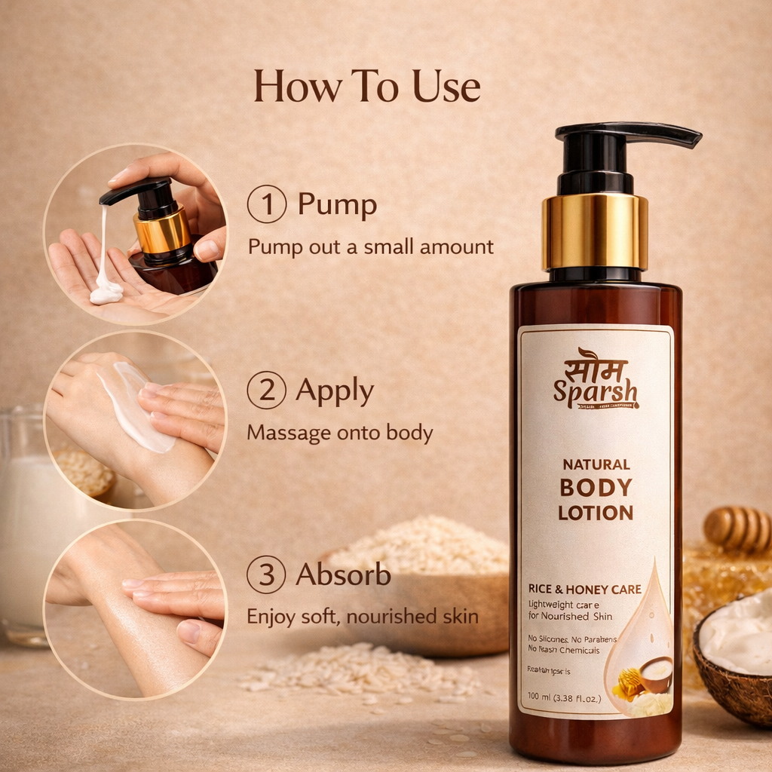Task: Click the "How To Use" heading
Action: click(367, 86)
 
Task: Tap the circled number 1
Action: click(266, 204)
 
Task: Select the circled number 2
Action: click(266, 391)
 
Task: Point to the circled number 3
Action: click(266, 575)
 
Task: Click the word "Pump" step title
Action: click(337, 204)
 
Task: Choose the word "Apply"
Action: click(335, 391)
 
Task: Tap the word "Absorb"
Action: click(343, 575)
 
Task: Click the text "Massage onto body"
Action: click(340, 433)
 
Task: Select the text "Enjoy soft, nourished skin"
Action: click(363, 617)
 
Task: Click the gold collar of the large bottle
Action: click(595, 231)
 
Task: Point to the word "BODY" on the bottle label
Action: click(596, 488)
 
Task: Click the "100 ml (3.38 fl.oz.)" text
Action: click(564, 698)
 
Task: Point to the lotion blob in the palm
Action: click(106, 292)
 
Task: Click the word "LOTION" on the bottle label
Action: click(596, 513)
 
